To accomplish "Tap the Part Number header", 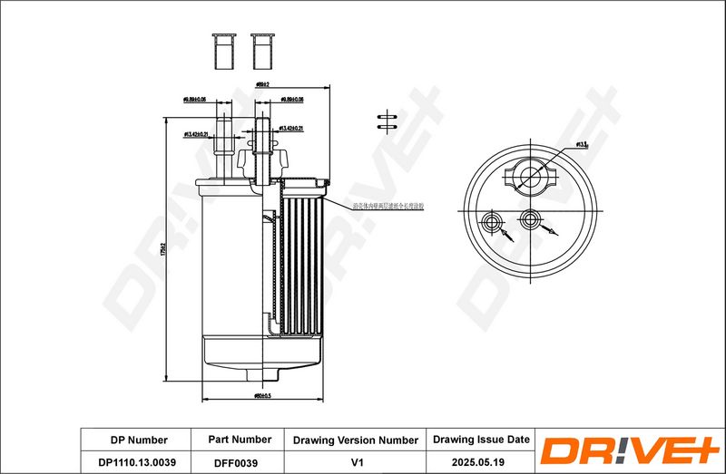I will pyautogui.click(x=240, y=439).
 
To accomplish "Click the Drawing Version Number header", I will pyautogui.click(x=356, y=440).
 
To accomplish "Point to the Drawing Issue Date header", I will pyautogui.click(x=480, y=439).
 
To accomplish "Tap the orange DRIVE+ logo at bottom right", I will pyautogui.click(x=629, y=450).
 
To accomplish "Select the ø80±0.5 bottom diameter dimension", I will pyautogui.click(x=264, y=395).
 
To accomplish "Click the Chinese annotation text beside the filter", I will pyautogui.click(x=391, y=207).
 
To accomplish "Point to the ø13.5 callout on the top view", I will pyautogui.click(x=582, y=143).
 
